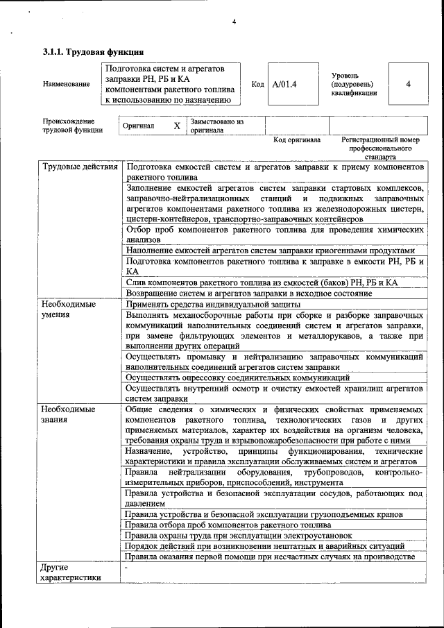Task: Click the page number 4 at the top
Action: click(234, 22)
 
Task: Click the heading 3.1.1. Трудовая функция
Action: click(94, 52)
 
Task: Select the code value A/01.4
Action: click(284, 84)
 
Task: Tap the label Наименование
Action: click(66, 84)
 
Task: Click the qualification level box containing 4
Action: click(408, 84)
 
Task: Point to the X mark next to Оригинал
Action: click(176, 126)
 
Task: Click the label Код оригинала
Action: click(297, 140)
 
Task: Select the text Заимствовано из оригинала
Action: click(216, 126)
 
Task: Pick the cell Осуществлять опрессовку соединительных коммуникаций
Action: click(238, 377)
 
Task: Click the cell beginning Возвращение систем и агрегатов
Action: click(250, 294)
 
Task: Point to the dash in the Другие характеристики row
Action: click(126, 568)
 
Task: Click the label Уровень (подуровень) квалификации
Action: click(354, 84)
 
